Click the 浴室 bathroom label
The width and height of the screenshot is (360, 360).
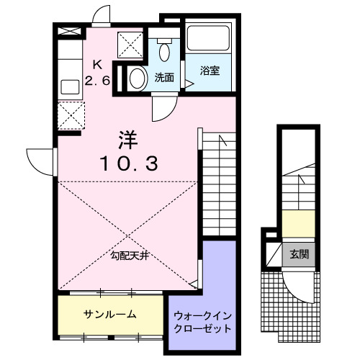tap(211, 71)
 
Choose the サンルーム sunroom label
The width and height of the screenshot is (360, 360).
tap(110, 315)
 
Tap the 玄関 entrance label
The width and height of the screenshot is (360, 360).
tap(300, 254)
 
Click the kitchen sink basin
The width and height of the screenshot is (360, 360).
tap(70, 86)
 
